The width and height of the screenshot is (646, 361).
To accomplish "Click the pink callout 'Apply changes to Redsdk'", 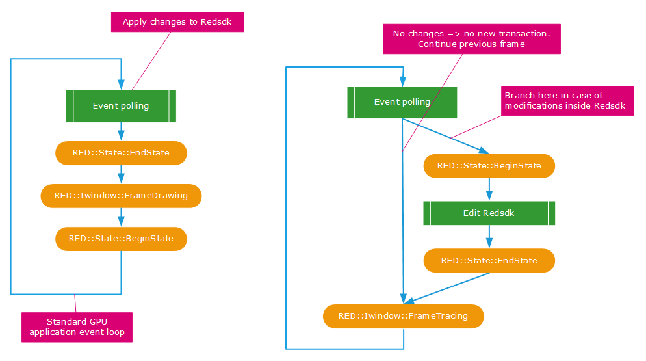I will click(x=177, y=22).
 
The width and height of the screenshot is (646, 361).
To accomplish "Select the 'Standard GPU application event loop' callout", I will click(x=77, y=327).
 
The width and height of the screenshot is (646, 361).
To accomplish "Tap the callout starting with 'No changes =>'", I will click(x=471, y=38).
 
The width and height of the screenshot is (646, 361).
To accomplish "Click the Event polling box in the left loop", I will click(x=121, y=106).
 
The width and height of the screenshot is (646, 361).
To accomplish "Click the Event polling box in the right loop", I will click(x=402, y=102).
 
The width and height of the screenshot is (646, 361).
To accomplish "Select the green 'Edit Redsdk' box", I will click(x=489, y=213).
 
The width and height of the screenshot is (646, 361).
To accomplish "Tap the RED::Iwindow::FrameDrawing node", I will click(x=121, y=196).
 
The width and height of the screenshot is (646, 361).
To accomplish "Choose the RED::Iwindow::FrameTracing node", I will click(x=403, y=316).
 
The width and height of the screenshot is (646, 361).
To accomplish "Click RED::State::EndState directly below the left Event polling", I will click(x=121, y=153).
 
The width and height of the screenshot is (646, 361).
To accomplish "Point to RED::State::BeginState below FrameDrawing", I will click(x=121, y=239).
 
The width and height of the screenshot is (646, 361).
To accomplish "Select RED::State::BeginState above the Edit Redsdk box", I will click(x=489, y=166).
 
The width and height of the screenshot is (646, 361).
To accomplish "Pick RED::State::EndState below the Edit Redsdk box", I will click(x=489, y=261).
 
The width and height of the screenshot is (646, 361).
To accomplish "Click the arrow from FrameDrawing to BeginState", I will click(x=121, y=217).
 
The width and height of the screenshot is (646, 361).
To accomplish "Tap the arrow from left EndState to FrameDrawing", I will click(x=121, y=174).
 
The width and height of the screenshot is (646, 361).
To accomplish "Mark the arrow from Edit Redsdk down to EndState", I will click(x=489, y=237).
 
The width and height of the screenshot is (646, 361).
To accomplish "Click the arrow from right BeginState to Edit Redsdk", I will click(x=489, y=189).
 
